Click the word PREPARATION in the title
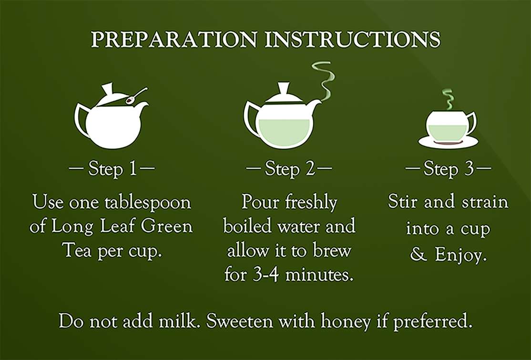pos(174,40)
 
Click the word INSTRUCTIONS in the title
pos(353,40)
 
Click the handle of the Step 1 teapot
pos(80,119)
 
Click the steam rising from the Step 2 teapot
pos(325,81)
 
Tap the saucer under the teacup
pos(448,142)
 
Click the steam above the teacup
pos(449,99)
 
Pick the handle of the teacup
pos(472,123)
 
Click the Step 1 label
pos(112,168)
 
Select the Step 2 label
pos(289,168)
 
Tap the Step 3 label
pos(448,168)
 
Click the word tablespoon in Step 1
pos(148,203)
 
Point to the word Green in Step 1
pos(167,226)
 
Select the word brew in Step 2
pos(332,251)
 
